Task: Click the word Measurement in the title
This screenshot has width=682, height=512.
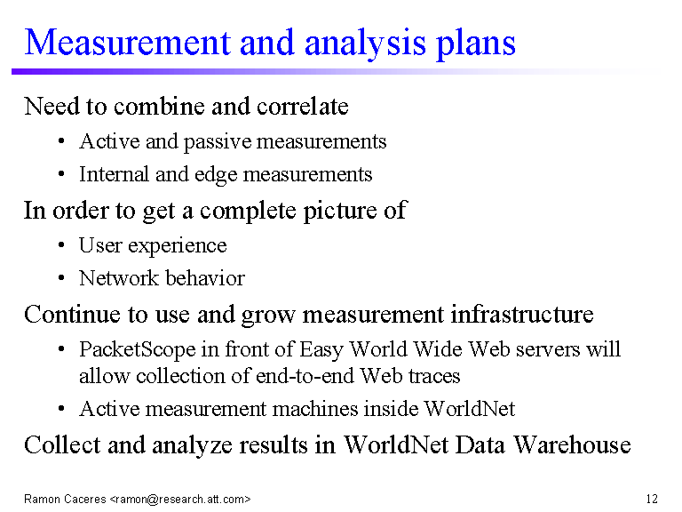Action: [127, 43]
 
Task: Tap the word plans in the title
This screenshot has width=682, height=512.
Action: [476, 45]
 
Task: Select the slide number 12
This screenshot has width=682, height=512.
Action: [652, 499]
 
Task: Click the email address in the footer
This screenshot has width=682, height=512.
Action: [180, 499]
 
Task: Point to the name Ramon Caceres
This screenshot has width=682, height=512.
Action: [65, 499]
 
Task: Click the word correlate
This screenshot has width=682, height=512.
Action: [303, 107]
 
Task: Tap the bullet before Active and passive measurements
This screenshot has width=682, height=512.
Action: [61, 141]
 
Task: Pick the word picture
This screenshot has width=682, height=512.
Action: [340, 212]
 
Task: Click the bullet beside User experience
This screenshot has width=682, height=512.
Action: [61, 245]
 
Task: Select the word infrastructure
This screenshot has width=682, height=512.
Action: [522, 315]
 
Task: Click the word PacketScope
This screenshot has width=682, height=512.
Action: [138, 349]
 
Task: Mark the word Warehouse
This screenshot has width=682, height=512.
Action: [572, 445]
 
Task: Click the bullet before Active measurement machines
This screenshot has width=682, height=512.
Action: [61, 409]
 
